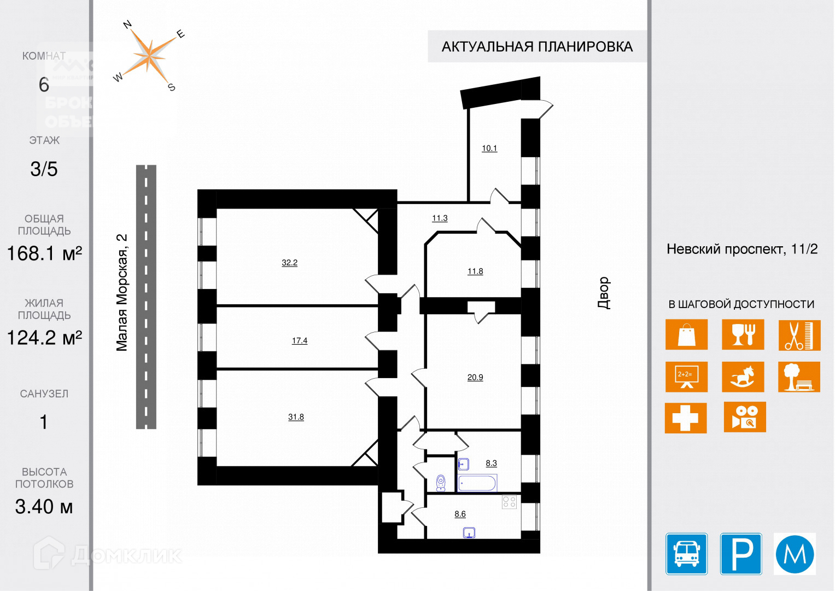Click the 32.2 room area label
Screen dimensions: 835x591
(x=289, y=263)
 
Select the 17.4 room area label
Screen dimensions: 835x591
(x=299, y=340)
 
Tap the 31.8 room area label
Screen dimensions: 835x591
(x=296, y=417)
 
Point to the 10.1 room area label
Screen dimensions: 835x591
(x=489, y=148)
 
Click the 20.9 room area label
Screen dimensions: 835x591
(x=475, y=377)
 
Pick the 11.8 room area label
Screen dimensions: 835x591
(x=475, y=271)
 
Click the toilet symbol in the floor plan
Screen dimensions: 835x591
(x=441, y=482)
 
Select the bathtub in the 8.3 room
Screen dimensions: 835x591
(x=477, y=483)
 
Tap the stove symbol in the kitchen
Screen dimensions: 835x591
(x=509, y=502)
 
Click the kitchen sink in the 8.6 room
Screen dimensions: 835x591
(x=469, y=532)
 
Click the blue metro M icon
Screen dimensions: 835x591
(x=795, y=554)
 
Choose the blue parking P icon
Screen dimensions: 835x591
(x=741, y=554)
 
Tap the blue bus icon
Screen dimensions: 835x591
(x=686, y=554)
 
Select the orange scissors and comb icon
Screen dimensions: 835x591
(x=799, y=335)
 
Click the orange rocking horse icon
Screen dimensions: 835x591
(x=743, y=376)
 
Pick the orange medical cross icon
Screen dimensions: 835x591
(x=686, y=418)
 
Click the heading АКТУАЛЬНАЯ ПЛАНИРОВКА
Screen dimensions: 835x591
(x=537, y=47)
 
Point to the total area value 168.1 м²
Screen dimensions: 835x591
(x=44, y=254)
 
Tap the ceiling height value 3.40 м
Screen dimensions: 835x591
(x=44, y=507)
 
